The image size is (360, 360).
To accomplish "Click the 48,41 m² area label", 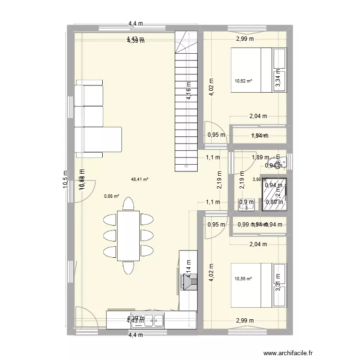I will pos(140,180).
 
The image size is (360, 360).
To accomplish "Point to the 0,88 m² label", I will pos(111,196).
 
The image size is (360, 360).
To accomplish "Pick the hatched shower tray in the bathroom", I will pos(274,194).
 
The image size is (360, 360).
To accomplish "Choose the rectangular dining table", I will pos(129,236).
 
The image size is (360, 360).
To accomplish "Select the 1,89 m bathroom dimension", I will pos(261,157).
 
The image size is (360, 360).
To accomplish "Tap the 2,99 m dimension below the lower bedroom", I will pos(245,321).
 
